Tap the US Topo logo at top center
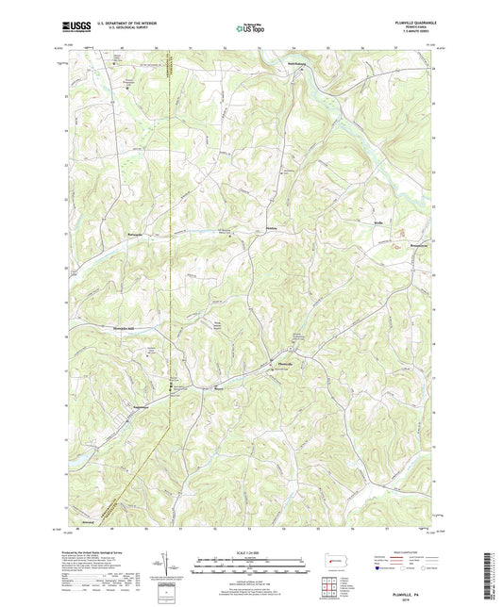click(250, 28)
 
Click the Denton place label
click(272, 228)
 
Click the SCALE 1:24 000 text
click(254, 550)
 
